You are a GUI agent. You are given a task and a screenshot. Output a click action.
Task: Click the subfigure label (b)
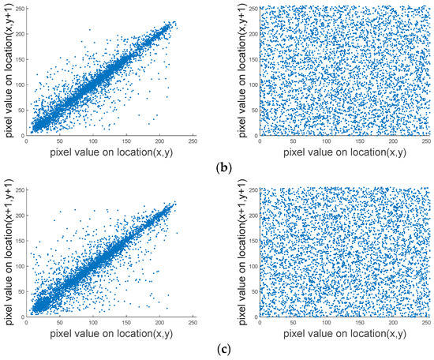click(x=218, y=167)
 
